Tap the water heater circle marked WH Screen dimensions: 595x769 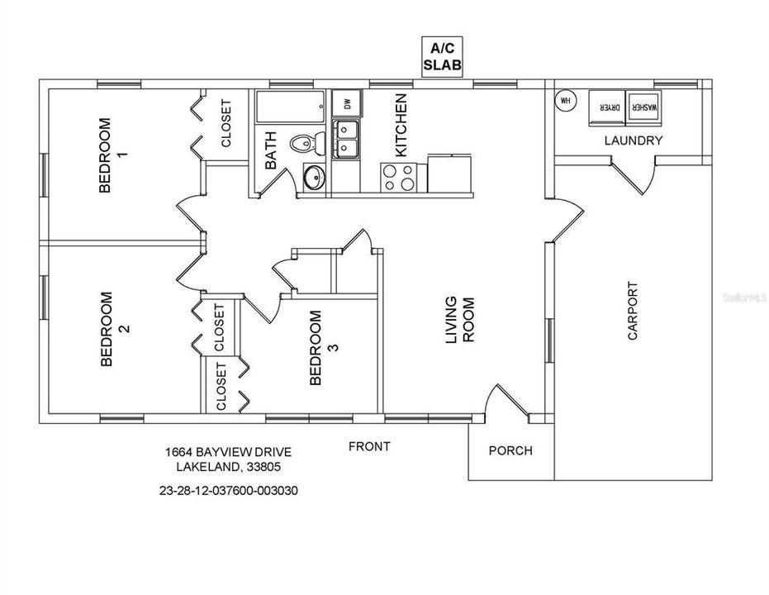(x=566, y=102)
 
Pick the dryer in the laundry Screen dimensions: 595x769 (x=608, y=108)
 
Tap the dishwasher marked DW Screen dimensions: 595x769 (x=346, y=104)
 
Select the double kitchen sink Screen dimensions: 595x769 (x=346, y=139)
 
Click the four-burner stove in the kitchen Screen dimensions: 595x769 (x=400, y=178)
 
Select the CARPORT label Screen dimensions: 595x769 (x=634, y=312)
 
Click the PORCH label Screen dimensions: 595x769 (x=510, y=451)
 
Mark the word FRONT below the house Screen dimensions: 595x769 (x=369, y=446)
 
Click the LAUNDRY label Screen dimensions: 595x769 (x=634, y=140)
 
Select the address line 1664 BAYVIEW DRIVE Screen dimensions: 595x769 (x=228, y=452)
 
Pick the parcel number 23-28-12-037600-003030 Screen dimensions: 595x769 (x=228, y=489)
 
